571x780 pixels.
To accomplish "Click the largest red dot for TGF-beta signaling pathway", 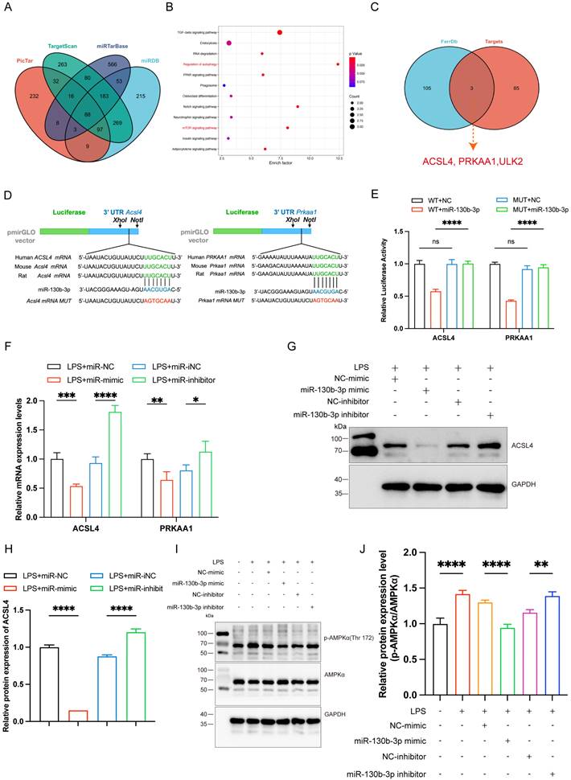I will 279,32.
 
